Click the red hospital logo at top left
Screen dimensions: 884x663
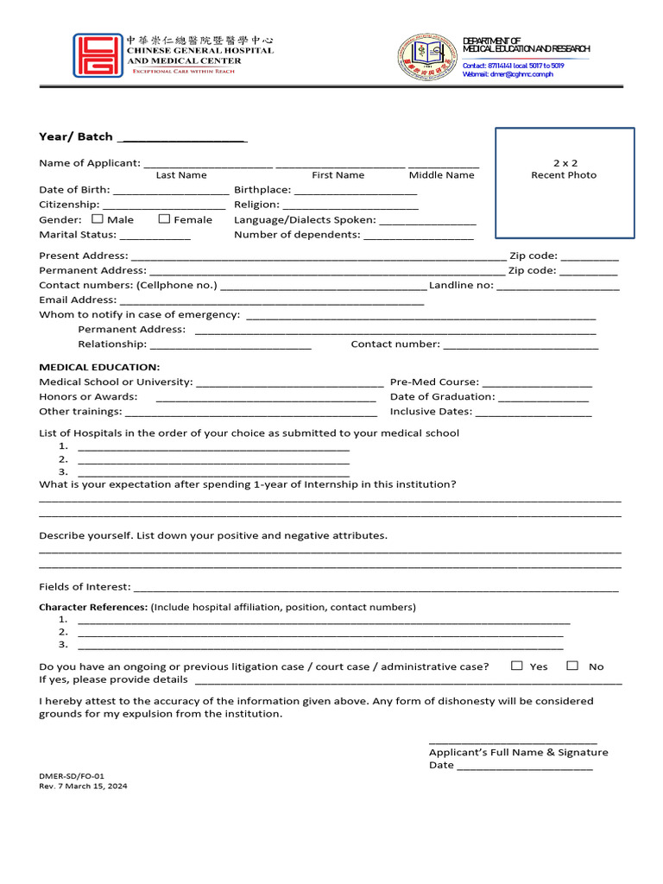(x=98, y=56)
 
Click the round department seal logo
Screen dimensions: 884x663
(x=426, y=58)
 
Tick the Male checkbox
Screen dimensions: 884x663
(x=98, y=219)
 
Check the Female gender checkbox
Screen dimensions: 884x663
(x=165, y=219)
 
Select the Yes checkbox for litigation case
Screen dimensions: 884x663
(x=517, y=666)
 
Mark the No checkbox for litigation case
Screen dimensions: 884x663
(x=572, y=666)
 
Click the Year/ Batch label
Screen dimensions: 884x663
(x=76, y=136)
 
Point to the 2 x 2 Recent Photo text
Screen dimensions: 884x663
(x=564, y=169)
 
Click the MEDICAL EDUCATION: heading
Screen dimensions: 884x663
(x=99, y=367)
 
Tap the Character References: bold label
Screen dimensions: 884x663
(x=93, y=607)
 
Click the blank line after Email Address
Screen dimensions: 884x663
(x=271, y=301)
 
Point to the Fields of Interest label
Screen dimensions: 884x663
(x=85, y=587)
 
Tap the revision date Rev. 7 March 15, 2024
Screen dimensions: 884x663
(x=83, y=786)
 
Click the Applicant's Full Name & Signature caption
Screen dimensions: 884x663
(x=518, y=752)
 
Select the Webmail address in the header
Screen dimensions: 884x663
(x=508, y=74)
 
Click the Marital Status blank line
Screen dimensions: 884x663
(x=155, y=237)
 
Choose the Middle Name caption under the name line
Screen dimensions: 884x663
(x=441, y=175)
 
